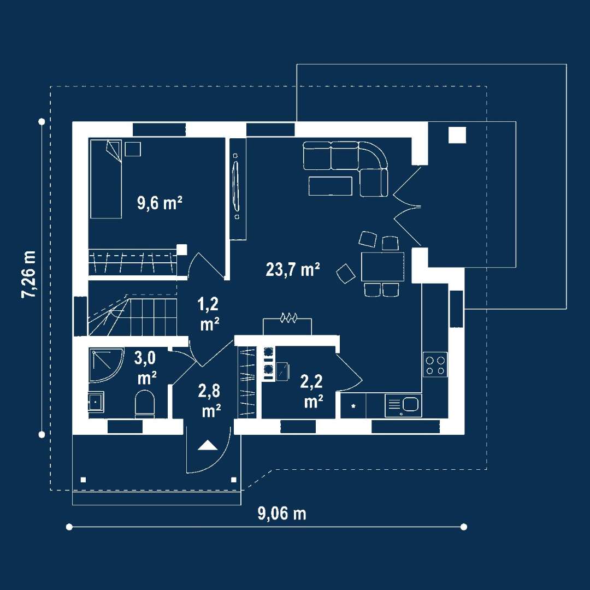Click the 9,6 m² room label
coord(160,203)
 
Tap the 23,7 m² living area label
coord(293,269)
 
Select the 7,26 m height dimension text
coord(29,274)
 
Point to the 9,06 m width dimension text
coord(282,513)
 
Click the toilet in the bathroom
coord(144,404)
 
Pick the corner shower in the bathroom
coord(106,365)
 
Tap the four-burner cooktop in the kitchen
coord(435,364)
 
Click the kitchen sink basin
coord(410,404)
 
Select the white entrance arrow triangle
coord(208,445)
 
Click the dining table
coord(382,267)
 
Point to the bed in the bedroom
coord(106,179)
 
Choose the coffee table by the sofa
coord(331,186)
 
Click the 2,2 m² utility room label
coord(312,391)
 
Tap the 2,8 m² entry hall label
coord(210,401)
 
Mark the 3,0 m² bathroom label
coord(145,368)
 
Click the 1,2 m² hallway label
coord(209,314)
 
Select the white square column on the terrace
coord(457,135)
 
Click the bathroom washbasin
coord(96,402)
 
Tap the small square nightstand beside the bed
coord(133,149)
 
